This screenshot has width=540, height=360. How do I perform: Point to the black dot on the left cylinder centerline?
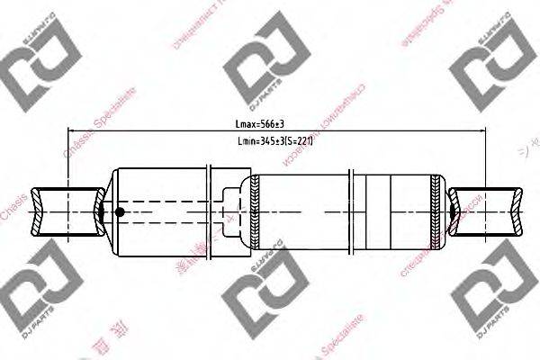point(119,212)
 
